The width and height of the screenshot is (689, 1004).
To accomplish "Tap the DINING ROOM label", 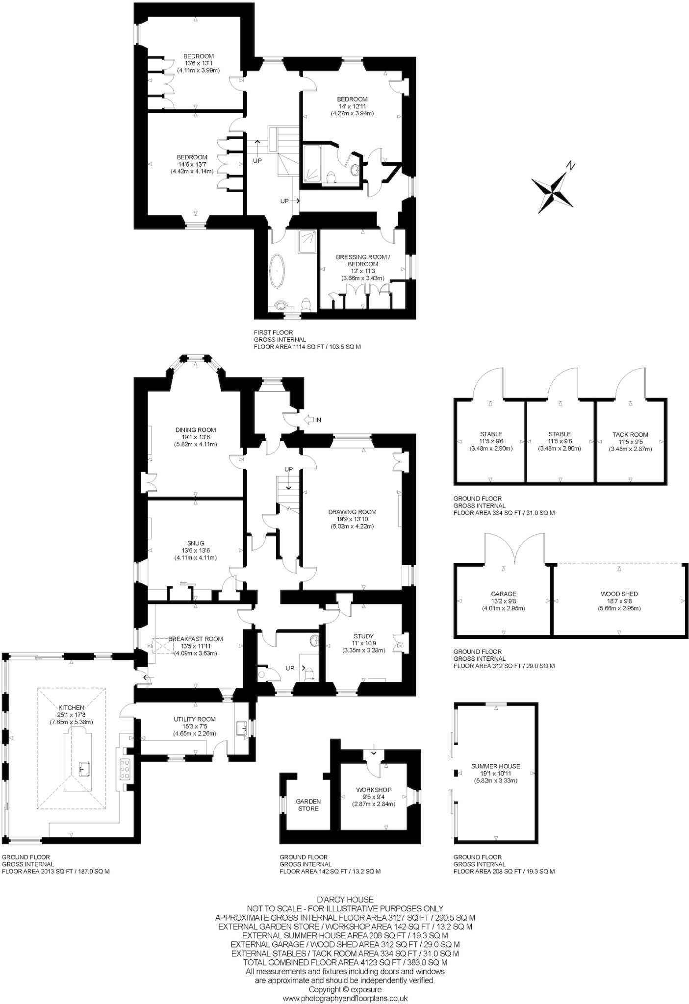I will coord(196,430).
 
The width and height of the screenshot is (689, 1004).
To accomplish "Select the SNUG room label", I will coord(196,543).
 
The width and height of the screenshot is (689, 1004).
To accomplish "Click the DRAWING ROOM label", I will coord(352,512).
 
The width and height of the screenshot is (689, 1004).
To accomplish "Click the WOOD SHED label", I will coord(619,594).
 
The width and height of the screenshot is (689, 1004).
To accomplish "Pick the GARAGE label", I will coord(503,594).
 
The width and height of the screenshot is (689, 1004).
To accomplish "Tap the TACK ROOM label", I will coord(630,434).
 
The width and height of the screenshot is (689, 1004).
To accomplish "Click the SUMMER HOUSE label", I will coord(495,766).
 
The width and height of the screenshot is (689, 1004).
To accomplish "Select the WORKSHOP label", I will coord(374,790).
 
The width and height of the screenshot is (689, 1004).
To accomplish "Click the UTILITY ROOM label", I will coord(195,719).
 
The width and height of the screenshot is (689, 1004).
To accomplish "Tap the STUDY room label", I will coord(363,636).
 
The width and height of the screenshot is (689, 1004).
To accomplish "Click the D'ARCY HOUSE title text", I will coord(345,900).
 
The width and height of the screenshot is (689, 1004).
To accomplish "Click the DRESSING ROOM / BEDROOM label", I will coord(363,260).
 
